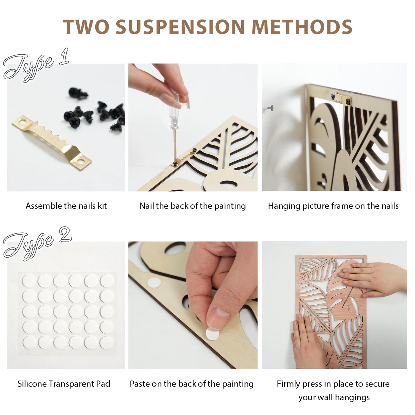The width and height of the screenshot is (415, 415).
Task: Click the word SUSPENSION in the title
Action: pyautogui.click(x=180, y=27)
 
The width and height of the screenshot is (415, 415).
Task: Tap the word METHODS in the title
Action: pyautogui.click(x=302, y=27)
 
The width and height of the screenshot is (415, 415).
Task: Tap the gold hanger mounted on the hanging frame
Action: pyautogui.click(x=343, y=99)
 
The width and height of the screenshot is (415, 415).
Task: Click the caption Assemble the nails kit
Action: pyautogui.click(x=66, y=206)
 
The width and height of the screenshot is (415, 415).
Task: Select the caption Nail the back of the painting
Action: pyautogui.click(x=192, y=206)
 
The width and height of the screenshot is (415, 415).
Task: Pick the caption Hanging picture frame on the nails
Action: pyautogui.click(x=333, y=206)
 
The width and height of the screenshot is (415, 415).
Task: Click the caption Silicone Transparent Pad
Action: pyautogui.click(x=64, y=384)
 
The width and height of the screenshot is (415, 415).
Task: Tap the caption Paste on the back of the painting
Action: pyautogui.click(x=192, y=384)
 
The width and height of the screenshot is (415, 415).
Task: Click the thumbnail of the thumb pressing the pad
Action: pyautogui.click(x=218, y=317)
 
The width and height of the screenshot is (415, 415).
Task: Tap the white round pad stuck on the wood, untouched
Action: pyautogui.click(x=154, y=283)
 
